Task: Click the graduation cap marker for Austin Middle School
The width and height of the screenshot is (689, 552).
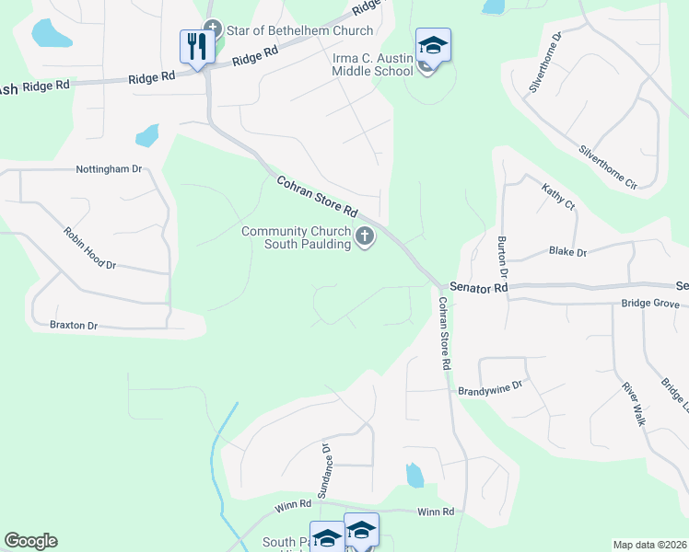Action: pos(433,44)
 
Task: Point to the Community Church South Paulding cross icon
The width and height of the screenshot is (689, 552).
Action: pos(365,237)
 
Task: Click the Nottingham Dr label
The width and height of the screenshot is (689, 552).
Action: pos(109,169)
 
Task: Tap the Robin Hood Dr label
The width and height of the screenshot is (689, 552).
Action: pos(89,248)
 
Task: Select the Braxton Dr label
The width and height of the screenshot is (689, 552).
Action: pos(74,325)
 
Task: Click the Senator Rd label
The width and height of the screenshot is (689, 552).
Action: pos(479,288)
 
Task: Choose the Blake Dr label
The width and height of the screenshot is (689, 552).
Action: pos(567,251)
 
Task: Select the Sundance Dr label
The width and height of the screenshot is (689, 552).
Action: pos(325,469)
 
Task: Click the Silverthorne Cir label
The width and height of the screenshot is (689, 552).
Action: pos(608,167)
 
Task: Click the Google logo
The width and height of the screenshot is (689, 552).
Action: pos(30,541)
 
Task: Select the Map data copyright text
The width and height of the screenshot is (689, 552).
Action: pos(649,545)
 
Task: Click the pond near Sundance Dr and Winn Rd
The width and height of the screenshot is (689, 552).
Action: pos(415,476)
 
